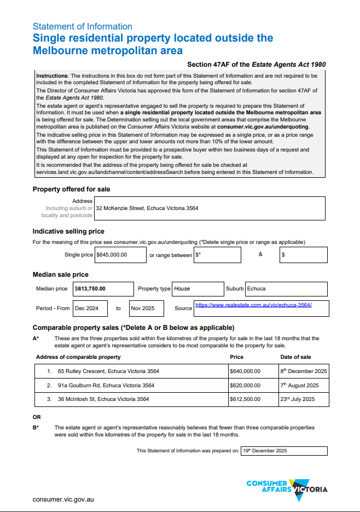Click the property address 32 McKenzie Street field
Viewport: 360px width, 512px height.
click(x=147, y=208)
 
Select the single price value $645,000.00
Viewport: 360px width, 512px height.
click(x=112, y=254)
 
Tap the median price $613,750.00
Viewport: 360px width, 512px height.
click(x=90, y=288)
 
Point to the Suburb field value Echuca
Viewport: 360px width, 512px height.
click(x=257, y=288)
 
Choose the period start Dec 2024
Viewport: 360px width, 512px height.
click(x=86, y=308)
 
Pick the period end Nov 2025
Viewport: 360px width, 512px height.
click(x=142, y=308)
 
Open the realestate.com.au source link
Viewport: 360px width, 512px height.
click(x=253, y=305)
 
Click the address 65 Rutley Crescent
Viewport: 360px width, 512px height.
click(x=108, y=371)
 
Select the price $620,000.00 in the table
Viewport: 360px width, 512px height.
click(x=245, y=385)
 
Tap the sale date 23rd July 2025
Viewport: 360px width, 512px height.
click(x=298, y=399)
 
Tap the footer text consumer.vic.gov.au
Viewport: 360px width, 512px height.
click(x=63, y=499)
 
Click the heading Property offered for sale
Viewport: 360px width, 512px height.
click(x=71, y=189)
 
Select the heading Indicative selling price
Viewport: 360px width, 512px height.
click(x=68, y=231)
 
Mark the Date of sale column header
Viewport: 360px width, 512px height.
click(x=295, y=357)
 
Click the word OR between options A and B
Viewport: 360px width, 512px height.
click(x=37, y=417)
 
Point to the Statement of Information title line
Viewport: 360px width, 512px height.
click(x=82, y=26)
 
